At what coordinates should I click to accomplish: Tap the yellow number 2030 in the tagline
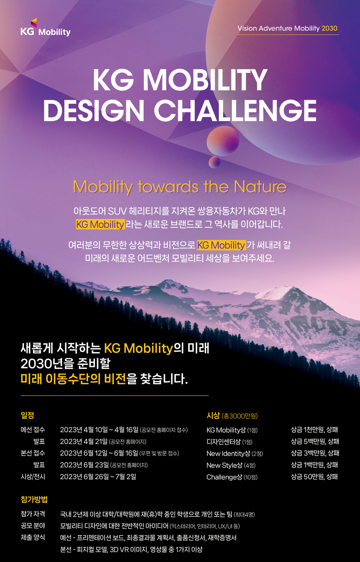(329, 28)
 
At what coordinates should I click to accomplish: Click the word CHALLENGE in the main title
(235, 111)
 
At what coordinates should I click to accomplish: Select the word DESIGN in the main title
(94, 111)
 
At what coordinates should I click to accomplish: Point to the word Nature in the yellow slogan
(260, 187)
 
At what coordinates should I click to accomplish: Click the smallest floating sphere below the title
(214, 162)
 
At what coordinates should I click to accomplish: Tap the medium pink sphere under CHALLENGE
(223, 141)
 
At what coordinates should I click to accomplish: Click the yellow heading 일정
(27, 415)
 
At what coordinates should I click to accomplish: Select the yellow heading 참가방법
(34, 499)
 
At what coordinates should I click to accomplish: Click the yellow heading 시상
(213, 415)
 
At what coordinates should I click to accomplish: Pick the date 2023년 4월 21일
(84, 441)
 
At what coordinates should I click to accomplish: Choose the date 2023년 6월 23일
(84, 465)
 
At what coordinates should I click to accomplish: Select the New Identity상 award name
(228, 453)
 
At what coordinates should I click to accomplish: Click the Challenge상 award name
(224, 477)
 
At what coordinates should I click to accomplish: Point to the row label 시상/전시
(33, 477)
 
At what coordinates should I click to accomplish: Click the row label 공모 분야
(33, 526)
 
